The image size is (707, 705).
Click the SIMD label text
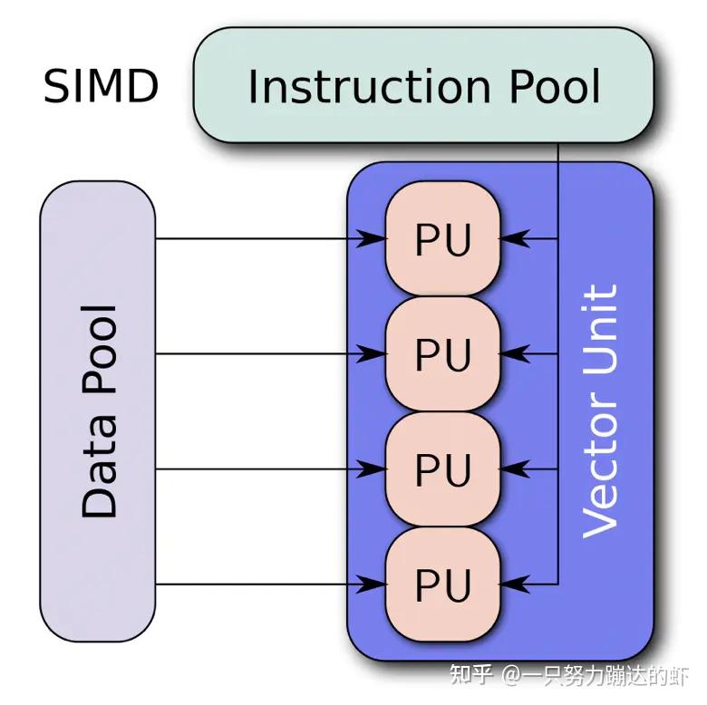coord(101,87)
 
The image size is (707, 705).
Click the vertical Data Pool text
coord(99,412)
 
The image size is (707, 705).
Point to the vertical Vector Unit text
coord(600,412)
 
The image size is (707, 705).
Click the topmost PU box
coord(443,239)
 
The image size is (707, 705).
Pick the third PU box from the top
coord(443,469)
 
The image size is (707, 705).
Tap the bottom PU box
coord(443,584)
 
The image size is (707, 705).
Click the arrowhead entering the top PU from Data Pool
coord(374,239)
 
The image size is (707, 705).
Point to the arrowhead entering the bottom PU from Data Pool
coord(374,584)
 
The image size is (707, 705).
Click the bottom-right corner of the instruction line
coord(557,584)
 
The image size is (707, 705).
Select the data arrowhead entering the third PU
coord(374,469)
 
